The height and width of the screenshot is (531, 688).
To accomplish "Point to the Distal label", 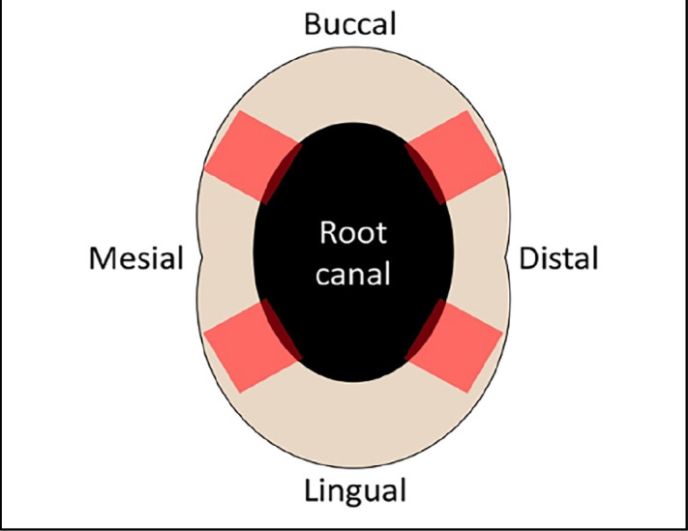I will (558, 259).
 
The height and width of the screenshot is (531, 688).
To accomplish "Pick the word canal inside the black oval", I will (353, 275).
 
